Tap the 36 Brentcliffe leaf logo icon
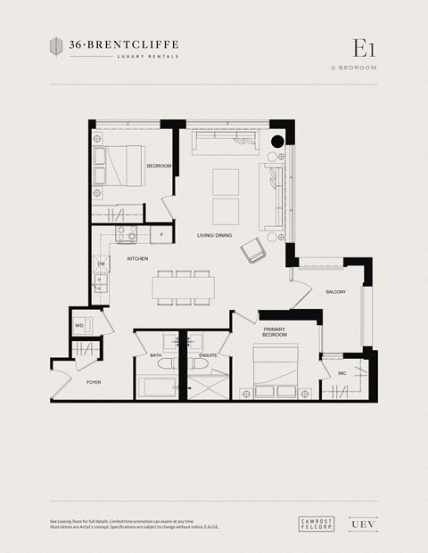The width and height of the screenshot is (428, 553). coord(57,48)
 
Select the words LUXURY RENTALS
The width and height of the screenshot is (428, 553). coord(148,56)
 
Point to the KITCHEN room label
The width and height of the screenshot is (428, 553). coord(137,258)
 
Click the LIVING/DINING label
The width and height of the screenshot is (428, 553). coord(215,235)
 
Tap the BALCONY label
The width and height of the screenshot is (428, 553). coord(336,292)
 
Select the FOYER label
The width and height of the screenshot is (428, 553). coord(94,382)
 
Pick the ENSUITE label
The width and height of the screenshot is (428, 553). coord(208,355)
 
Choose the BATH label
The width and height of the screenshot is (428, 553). coord(156,355)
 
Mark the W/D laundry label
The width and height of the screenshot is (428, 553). coord(79,326)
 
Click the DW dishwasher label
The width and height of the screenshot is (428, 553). coord(102,264)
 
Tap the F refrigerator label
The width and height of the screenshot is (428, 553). coord(161,235)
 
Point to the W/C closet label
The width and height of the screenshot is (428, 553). coord(342,373)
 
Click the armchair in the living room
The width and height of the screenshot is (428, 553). coord(254,250)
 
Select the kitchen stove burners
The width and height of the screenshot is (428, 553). coord(126,233)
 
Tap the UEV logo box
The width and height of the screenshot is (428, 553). coord(359,525)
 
